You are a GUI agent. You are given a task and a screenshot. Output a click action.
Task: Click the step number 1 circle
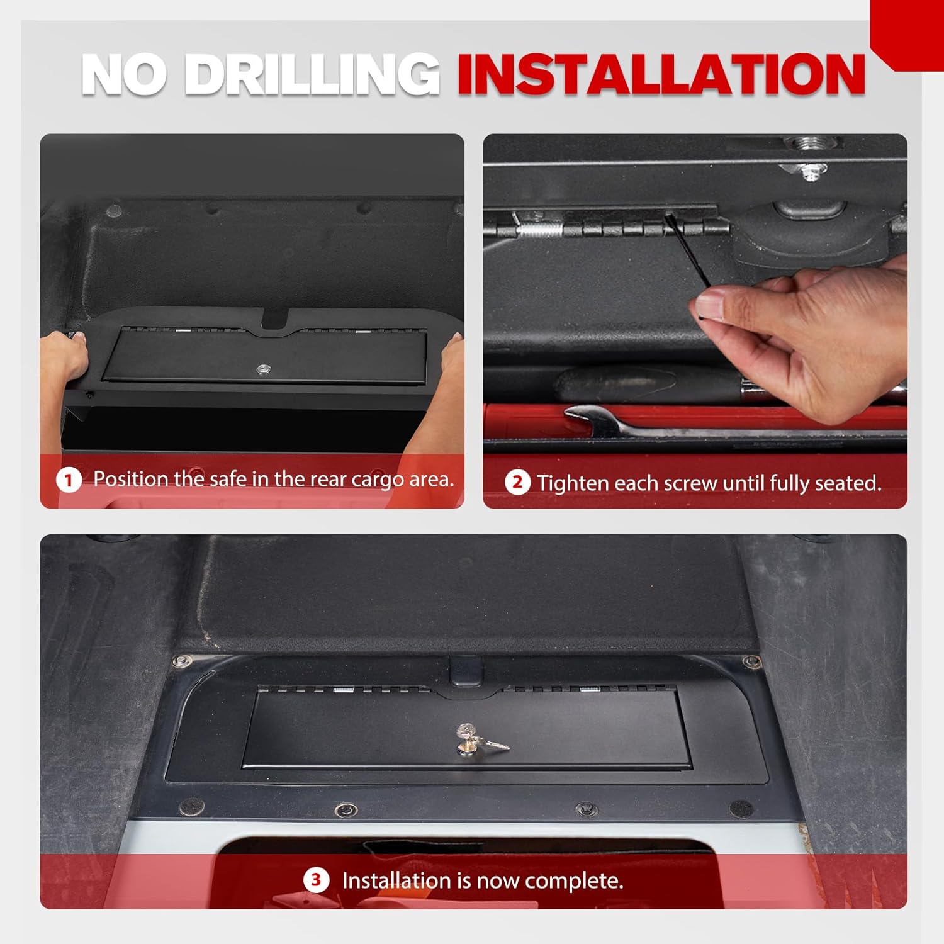[69, 481]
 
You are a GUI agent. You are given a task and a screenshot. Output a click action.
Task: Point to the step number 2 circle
[517, 483]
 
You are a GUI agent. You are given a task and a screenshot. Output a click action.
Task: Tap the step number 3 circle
[316, 880]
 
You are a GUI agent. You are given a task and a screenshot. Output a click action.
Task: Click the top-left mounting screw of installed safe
[183, 661]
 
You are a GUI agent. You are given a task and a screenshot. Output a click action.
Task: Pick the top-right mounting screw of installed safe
[751, 662]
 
